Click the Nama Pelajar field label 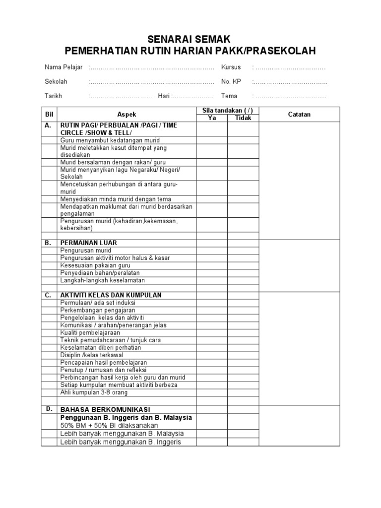[62, 67]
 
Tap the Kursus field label [231, 67]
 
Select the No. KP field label [231, 82]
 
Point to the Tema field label [229, 96]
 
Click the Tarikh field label [54, 96]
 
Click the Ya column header [212, 118]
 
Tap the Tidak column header [243, 118]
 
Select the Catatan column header [299, 114]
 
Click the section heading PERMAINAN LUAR [89, 243]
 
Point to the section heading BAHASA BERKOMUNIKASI [105, 410]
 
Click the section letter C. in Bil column [48, 295]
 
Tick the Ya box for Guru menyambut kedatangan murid [212, 140]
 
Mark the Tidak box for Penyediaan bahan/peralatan [243, 273]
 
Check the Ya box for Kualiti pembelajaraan [212, 333]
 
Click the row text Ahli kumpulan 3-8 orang [94, 392]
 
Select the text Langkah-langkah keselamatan [99, 280]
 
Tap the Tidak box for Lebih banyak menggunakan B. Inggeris [243, 442]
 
